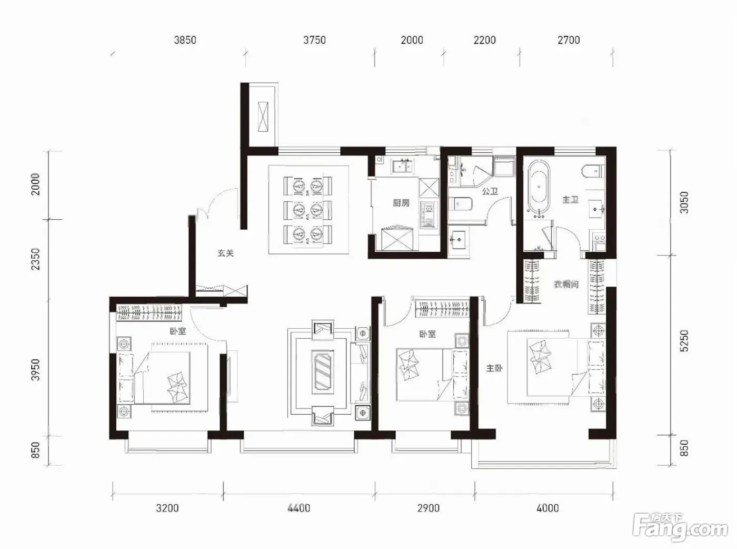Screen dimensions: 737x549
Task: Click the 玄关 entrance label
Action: tap(225, 253)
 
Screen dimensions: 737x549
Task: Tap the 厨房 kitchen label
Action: tap(401, 203)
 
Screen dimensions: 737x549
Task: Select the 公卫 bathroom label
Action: tap(490, 191)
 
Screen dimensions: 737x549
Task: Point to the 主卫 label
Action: tap(570, 200)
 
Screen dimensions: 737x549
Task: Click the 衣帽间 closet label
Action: tap(566, 285)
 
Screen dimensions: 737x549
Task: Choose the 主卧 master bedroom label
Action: tap(494, 368)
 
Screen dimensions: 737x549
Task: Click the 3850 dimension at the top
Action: tap(185, 40)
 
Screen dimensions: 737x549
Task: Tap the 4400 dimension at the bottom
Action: tap(299, 508)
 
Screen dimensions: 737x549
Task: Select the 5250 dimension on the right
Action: tap(684, 341)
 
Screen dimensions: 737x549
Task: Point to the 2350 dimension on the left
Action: tap(35, 259)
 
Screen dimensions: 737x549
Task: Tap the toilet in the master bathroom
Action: tap(593, 171)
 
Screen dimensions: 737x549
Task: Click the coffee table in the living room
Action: tap(322, 372)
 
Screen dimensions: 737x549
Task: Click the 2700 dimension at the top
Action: tap(569, 40)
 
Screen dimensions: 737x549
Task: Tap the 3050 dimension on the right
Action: tap(684, 202)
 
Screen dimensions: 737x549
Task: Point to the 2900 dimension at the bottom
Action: tap(429, 508)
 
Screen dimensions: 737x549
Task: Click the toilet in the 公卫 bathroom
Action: tap(460, 204)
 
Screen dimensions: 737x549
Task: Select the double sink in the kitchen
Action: tap(402, 166)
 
